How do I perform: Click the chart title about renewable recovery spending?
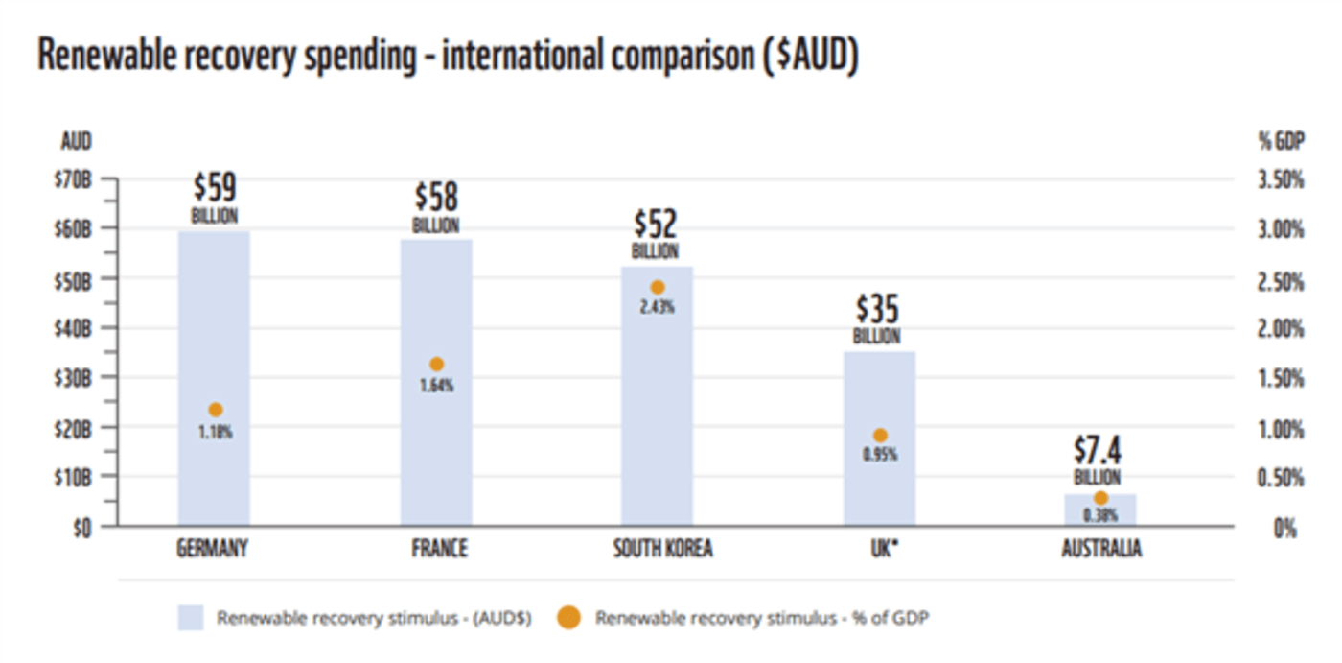click(x=448, y=57)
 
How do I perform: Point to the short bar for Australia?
click(x=1100, y=509)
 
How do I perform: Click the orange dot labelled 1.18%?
click(x=216, y=410)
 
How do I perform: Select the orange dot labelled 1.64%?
click(x=437, y=365)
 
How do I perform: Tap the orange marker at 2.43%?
click(x=658, y=287)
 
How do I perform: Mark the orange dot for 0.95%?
click(x=880, y=436)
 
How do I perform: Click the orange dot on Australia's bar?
click(x=1101, y=498)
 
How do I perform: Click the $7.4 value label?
click(x=1099, y=450)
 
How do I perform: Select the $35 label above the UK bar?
click(x=877, y=309)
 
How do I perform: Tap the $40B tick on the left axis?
click(x=73, y=328)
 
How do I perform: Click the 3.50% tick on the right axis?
click(x=1281, y=180)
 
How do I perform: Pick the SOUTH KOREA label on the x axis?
click(x=662, y=550)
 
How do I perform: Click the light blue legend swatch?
click(x=191, y=618)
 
